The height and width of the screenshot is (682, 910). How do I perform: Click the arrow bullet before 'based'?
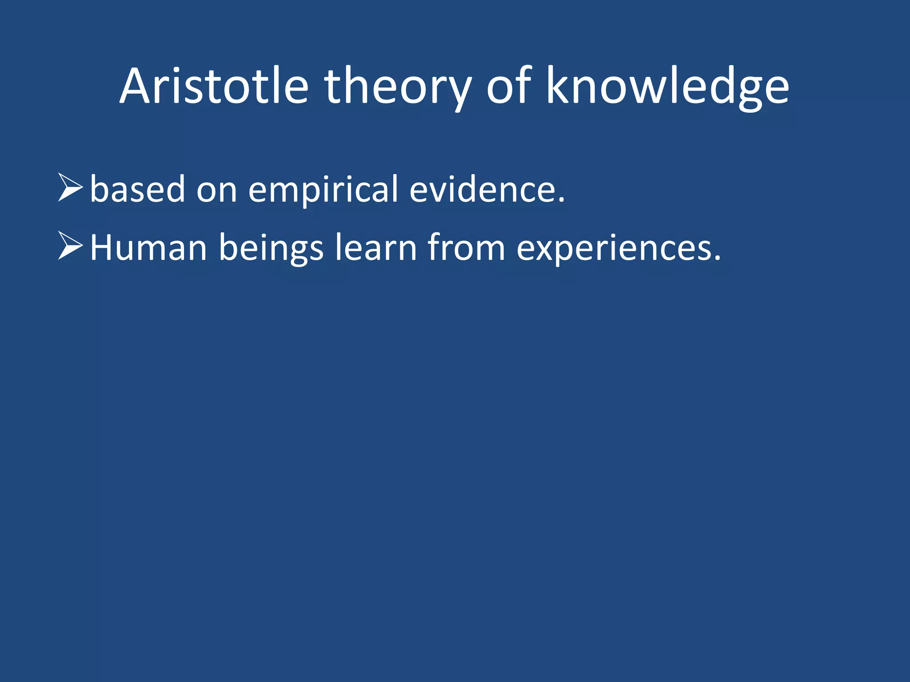coord(70,188)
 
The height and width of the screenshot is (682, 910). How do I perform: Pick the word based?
coord(137,189)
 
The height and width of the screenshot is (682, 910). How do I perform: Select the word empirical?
coord(323,189)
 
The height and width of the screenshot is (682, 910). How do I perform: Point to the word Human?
coord(148,247)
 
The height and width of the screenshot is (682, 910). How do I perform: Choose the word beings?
coord(271,247)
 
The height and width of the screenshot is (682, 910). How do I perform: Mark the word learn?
coord(375,247)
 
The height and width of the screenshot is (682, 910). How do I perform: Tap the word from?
coord(466,247)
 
